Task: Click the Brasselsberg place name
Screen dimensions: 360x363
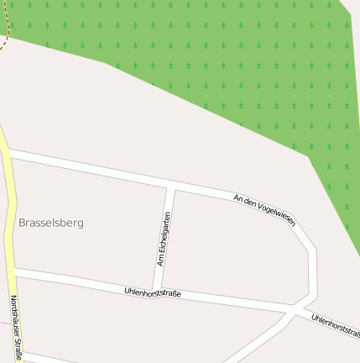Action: click(51, 223)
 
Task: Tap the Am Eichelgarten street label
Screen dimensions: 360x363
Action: click(164, 239)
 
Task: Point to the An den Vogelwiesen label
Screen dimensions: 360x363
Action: click(264, 209)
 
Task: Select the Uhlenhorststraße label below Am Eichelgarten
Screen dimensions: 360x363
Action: click(153, 293)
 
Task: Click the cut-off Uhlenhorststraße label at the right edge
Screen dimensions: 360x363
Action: click(335, 324)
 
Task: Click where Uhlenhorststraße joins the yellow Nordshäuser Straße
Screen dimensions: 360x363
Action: click(13, 271)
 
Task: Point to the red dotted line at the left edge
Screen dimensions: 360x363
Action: click(5, 323)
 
